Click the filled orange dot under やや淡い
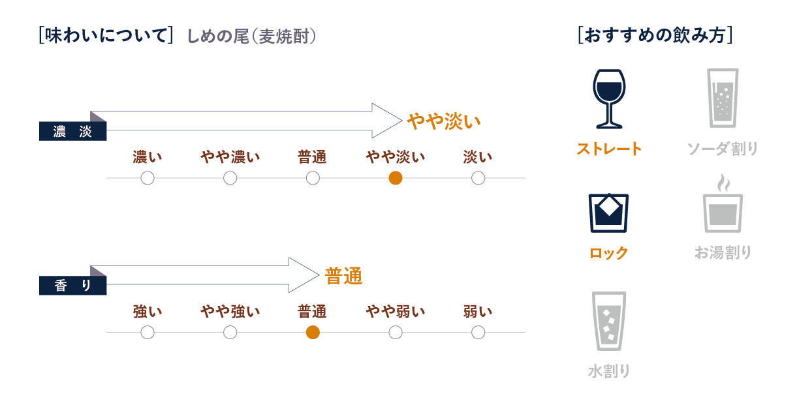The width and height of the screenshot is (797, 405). (x=395, y=178)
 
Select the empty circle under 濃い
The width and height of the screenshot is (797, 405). (x=148, y=178)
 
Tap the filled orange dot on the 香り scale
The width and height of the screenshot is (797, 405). (x=313, y=333)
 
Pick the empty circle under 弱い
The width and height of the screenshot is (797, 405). (x=478, y=333)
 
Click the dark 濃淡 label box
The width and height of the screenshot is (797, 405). (x=72, y=131)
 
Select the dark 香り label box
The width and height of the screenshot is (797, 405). (x=72, y=286)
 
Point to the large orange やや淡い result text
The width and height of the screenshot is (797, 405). (x=444, y=121)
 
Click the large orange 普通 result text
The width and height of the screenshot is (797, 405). (x=343, y=277)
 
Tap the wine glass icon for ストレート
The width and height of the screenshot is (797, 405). (x=608, y=98)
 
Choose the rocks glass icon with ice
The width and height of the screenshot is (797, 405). (x=608, y=213)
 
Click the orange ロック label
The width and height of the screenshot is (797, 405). (x=608, y=253)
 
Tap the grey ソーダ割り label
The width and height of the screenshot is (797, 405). (x=723, y=149)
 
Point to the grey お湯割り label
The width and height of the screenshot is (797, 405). (x=723, y=252)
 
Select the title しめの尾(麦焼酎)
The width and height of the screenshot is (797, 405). (x=252, y=36)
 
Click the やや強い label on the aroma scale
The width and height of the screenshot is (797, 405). (x=230, y=312)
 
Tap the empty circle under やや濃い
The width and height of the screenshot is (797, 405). (x=230, y=178)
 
